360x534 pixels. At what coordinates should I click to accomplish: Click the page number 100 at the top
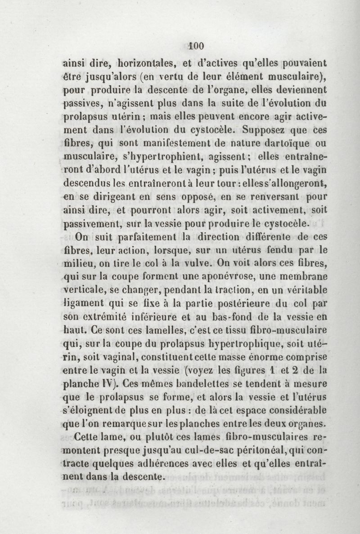coord(197,45)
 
